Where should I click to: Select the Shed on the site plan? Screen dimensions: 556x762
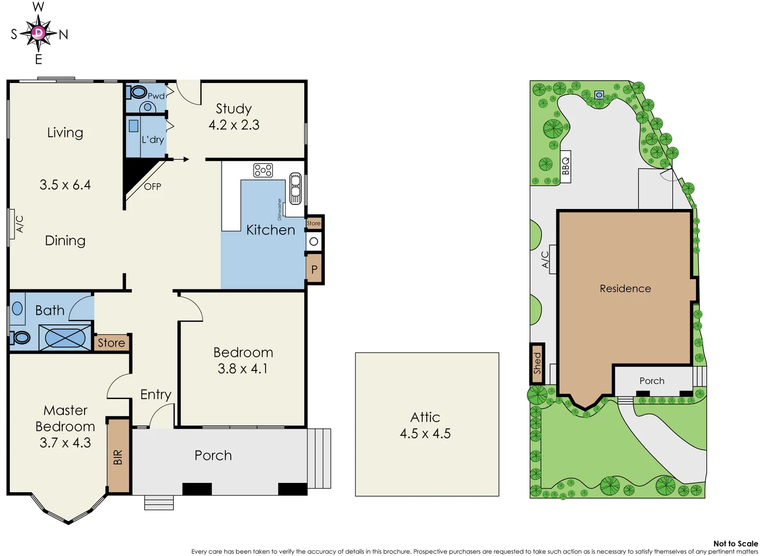pyautogui.click(x=538, y=363)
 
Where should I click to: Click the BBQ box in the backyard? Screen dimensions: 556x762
pyautogui.click(x=565, y=166)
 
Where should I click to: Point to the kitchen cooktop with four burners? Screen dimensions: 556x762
pyautogui.click(x=263, y=170)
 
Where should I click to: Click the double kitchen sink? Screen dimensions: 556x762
pyautogui.click(x=296, y=188)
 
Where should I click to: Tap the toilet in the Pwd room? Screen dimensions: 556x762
pyautogui.click(x=138, y=93)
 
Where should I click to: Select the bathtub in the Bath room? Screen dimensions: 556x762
pyautogui.click(x=65, y=338)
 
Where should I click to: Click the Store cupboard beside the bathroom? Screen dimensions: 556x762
pyautogui.click(x=111, y=343)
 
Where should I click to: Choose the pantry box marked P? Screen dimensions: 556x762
pyautogui.click(x=314, y=269)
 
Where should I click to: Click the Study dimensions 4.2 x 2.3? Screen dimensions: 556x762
pyautogui.click(x=234, y=125)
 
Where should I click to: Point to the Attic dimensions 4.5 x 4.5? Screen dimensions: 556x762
pyautogui.click(x=425, y=433)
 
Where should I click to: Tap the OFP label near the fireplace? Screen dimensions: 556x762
pyautogui.click(x=152, y=186)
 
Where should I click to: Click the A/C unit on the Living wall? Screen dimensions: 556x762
pyautogui.click(x=11, y=224)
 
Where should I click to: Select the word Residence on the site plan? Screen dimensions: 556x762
pyautogui.click(x=625, y=289)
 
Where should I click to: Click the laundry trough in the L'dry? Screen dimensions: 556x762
pyautogui.click(x=133, y=126)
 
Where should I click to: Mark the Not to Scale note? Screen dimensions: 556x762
pyautogui.click(x=735, y=544)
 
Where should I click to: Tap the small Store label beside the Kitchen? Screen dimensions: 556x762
pyautogui.click(x=314, y=223)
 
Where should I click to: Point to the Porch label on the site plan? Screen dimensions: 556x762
pyautogui.click(x=652, y=381)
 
